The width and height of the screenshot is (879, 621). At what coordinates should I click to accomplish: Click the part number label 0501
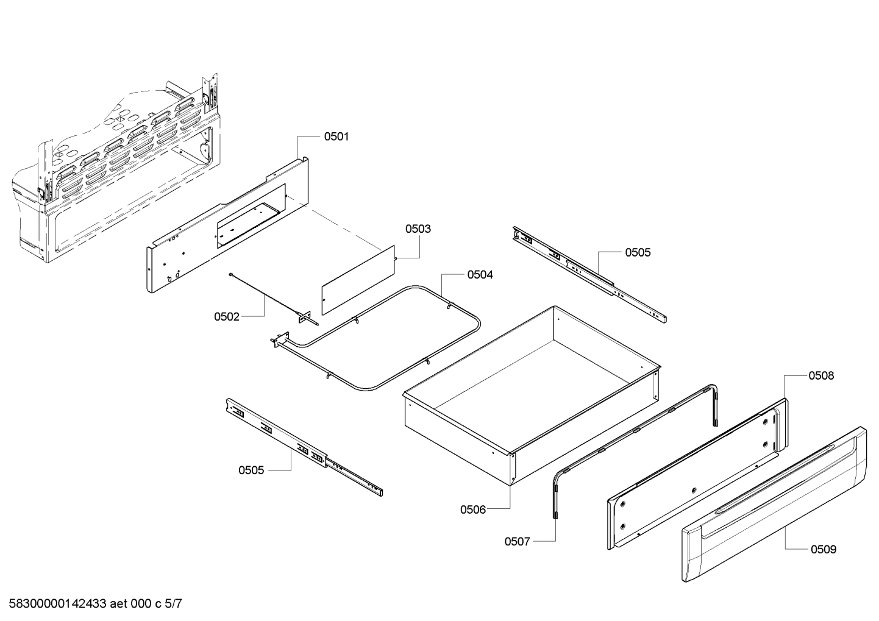tap(336, 137)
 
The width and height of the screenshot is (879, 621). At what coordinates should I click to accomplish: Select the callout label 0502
tap(227, 317)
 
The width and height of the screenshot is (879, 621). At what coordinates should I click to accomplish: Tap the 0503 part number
tap(418, 229)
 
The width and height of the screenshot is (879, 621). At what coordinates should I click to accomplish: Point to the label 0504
tap(480, 275)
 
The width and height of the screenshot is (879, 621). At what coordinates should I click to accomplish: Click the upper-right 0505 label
tap(638, 252)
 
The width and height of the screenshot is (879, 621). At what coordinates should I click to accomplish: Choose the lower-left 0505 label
tap(251, 470)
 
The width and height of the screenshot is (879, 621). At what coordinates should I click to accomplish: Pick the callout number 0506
tap(473, 509)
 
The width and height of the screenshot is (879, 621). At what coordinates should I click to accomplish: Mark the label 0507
tap(518, 541)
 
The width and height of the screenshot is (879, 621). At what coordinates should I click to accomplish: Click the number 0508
tap(821, 376)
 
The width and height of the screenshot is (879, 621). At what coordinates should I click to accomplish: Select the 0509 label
tap(824, 550)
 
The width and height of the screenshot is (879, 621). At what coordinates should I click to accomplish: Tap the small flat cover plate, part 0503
tap(358, 280)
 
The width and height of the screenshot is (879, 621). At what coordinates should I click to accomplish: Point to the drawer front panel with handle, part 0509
tap(774, 506)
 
